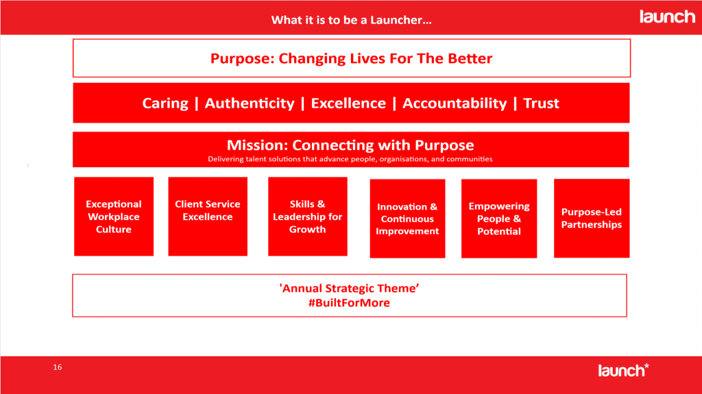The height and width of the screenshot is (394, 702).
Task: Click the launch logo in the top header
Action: point(667,16)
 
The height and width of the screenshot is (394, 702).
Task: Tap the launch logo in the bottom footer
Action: point(623,370)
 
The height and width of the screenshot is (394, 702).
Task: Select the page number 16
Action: point(58,367)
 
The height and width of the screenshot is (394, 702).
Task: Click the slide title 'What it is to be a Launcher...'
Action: point(352,20)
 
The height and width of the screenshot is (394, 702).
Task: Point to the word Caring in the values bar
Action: point(165,103)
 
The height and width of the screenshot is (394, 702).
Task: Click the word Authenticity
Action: point(250,103)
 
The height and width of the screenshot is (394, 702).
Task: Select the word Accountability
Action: point(455,103)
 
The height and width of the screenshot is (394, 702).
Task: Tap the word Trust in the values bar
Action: point(541,103)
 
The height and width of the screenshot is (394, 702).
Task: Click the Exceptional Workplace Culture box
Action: point(114,217)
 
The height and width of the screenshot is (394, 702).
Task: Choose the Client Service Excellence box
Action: point(208,217)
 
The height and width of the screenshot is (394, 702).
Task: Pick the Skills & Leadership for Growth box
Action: point(308,217)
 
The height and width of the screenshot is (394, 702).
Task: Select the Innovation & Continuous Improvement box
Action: point(407,219)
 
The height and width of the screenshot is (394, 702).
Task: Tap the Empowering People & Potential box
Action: point(499,219)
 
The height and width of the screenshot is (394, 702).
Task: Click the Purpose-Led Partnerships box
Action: point(592,219)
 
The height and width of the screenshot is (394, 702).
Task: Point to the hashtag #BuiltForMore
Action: point(349,303)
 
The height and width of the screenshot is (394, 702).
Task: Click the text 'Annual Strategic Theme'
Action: point(349,288)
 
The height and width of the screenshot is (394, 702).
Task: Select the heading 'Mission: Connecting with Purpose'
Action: point(350,145)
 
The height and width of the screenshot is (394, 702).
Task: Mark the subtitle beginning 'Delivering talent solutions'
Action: point(350,159)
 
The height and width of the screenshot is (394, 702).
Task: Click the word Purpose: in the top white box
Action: point(242,59)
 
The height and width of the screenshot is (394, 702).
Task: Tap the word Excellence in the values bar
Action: point(348,103)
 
